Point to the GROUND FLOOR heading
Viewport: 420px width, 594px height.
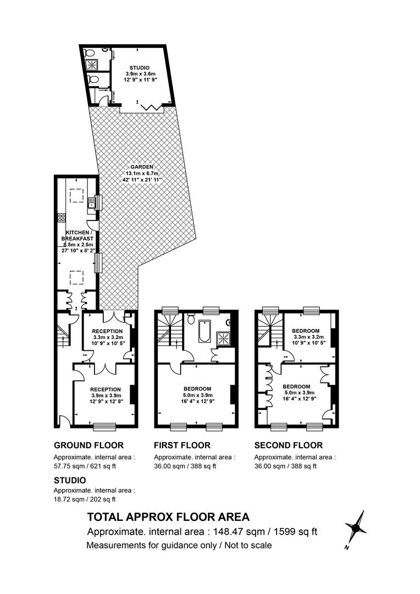89,445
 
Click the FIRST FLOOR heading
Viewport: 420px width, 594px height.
182,445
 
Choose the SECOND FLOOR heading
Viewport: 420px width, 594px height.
289,445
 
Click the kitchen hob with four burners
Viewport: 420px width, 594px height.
62,218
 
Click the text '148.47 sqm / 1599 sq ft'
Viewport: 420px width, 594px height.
265,532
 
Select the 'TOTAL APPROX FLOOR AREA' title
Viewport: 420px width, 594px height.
169,516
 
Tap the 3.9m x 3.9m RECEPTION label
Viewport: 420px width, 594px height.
106,395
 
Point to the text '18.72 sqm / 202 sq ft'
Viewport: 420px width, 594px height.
85,499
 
